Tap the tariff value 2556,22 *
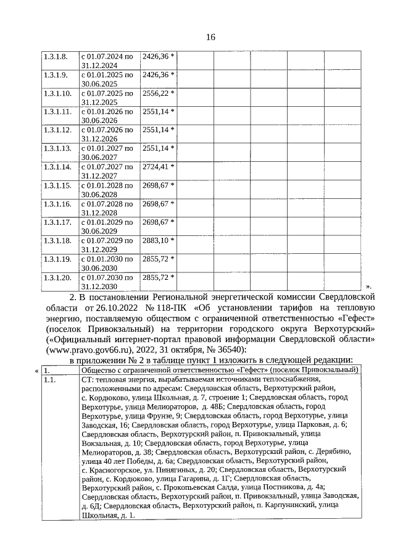[x=158, y=93]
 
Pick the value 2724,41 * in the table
[x=158, y=167]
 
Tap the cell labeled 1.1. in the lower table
[x=51, y=380]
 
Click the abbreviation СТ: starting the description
[x=88, y=380]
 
